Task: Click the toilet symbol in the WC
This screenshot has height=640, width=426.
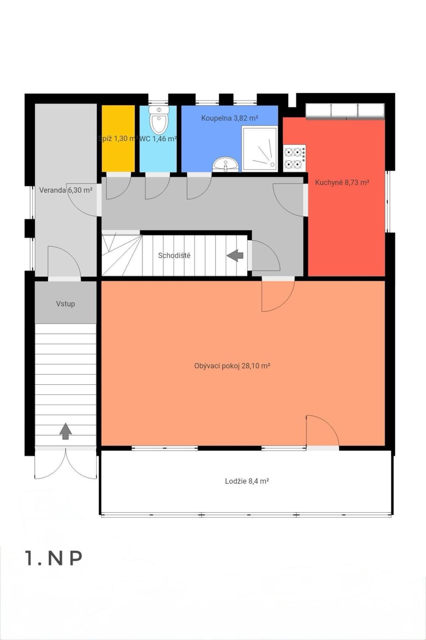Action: [159, 120]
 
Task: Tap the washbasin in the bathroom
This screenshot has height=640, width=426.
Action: [226, 164]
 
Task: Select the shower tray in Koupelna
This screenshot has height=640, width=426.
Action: [260, 149]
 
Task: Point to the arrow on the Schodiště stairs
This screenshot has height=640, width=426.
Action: [235, 255]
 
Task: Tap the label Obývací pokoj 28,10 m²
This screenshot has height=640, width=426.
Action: [232, 366]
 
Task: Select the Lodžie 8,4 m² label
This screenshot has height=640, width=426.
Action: [247, 481]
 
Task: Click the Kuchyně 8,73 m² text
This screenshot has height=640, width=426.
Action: [342, 182]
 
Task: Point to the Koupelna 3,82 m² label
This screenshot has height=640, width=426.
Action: [230, 118]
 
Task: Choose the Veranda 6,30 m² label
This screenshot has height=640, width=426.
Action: [65, 190]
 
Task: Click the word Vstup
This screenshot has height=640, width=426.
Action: [65, 304]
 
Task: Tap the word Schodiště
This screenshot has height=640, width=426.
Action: [174, 256]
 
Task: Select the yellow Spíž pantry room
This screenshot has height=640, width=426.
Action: [118, 138]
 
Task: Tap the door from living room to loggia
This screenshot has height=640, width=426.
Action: [323, 432]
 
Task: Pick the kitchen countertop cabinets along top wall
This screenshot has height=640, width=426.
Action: [345, 110]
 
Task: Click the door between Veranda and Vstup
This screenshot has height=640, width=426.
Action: [64, 262]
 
